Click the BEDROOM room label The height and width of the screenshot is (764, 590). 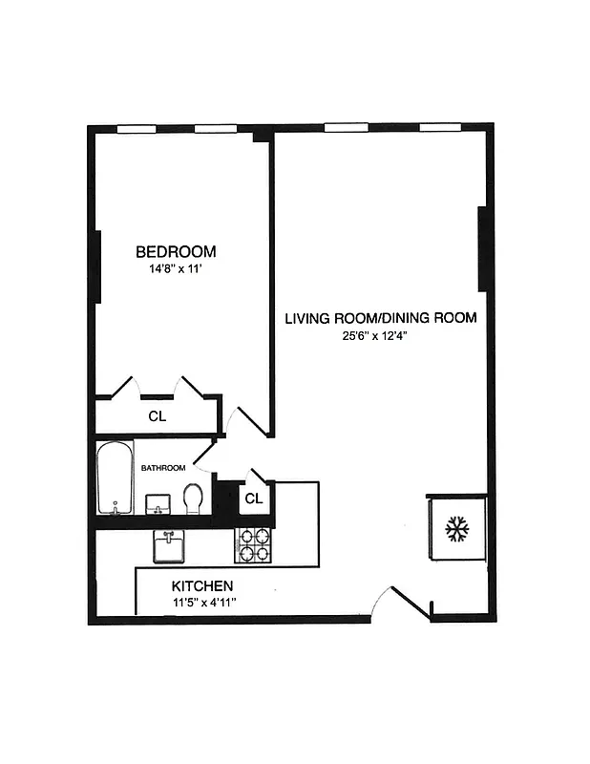(x=176, y=252)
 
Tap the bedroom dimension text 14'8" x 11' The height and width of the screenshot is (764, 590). (x=176, y=269)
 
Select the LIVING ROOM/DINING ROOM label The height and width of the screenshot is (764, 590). (x=380, y=318)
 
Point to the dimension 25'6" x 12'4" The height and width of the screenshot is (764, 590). (x=380, y=334)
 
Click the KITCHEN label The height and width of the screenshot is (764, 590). (x=202, y=585)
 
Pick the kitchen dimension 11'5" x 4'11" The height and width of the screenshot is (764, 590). (x=204, y=603)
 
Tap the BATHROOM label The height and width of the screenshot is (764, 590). (x=163, y=468)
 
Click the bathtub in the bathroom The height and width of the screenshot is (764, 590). (x=116, y=477)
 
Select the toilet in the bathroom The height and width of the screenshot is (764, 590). (x=194, y=498)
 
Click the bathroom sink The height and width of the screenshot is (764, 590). (x=158, y=503)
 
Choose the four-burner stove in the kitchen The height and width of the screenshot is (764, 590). (x=253, y=545)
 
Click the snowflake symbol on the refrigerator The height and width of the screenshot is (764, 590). (x=457, y=529)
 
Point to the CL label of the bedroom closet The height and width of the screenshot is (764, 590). (x=157, y=416)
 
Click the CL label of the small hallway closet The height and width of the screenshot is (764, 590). (x=253, y=499)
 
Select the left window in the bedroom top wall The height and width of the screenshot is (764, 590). (x=136, y=128)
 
